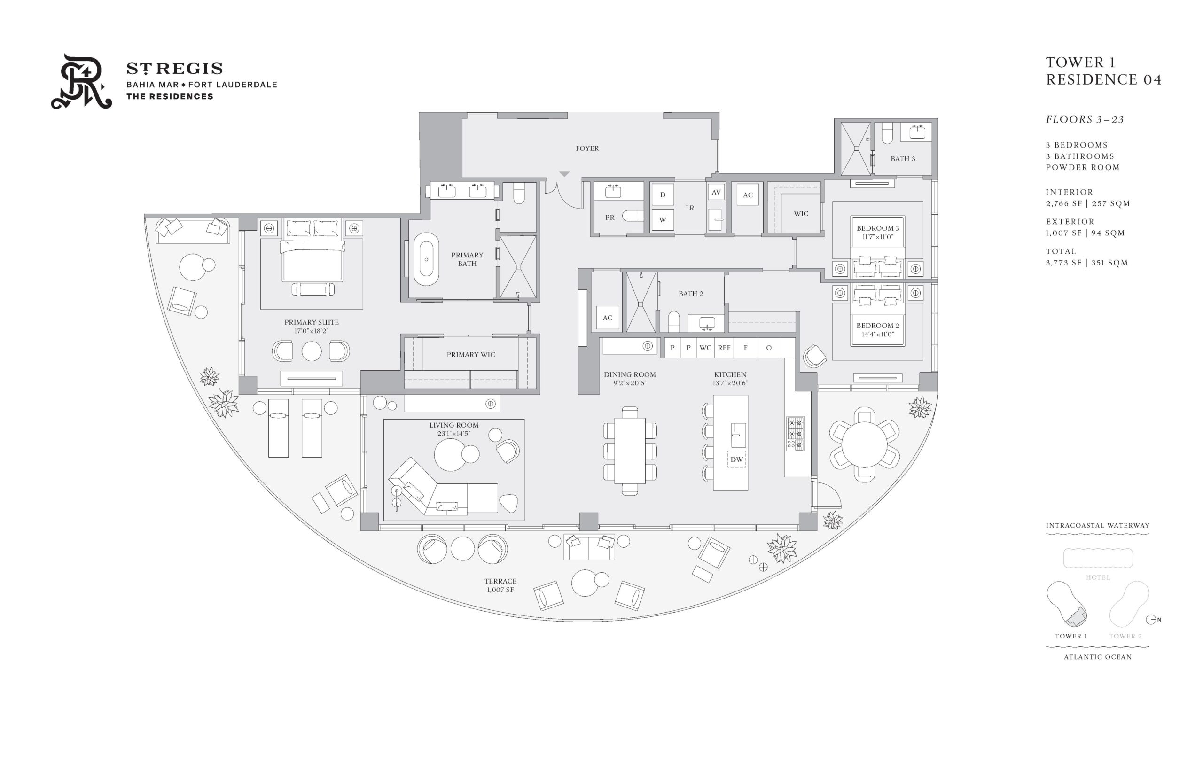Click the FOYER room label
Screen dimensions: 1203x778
pyautogui.click(x=586, y=148)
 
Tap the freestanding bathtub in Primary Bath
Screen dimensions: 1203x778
pyautogui.click(x=426, y=259)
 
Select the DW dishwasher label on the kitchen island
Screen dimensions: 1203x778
pyautogui.click(x=736, y=459)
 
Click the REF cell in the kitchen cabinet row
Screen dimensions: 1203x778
pyautogui.click(x=724, y=348)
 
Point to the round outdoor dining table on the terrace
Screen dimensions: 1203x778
pyautogui.click(x=864, y=445)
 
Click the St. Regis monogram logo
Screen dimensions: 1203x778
pyautogui.click(x=81, y=81)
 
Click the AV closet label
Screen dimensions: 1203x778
pyautogui.click(x=716, y=193)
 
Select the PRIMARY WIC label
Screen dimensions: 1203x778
pyautogui.click(x=470, y=355)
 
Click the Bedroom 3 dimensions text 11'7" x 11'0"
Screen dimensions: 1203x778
pyautogui.click(x=878, y=236)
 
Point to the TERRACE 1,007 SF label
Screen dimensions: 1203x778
pyautogui.click(x=500, y=585)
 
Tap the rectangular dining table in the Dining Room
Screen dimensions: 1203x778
pyautogui.click(x=630, y=451)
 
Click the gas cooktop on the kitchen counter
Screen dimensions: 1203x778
pyautogui.click(x=795, y=434)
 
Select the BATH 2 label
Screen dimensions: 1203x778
pyautogui.click(x=691, y=294)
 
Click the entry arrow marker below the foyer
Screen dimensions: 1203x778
pyautogui.click(x=564, y=174)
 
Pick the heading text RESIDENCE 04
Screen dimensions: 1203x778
pyautogui.click(x=1103, y=80)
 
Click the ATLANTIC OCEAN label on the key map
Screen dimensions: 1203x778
pyautogui.click(x=1097, y=657)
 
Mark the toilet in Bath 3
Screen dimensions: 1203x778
pyautogui.click(x=887, y=134)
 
